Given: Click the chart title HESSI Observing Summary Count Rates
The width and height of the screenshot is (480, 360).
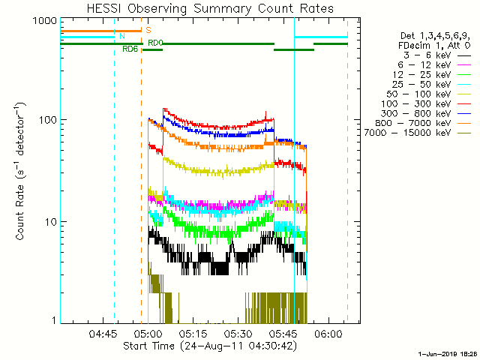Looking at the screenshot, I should coord(210,9).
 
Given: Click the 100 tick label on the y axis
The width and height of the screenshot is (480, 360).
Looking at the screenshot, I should coord(44,120).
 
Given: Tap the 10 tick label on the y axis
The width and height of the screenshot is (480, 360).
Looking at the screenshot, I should coord(47,222).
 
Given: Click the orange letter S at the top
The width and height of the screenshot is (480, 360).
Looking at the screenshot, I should coord(148,30).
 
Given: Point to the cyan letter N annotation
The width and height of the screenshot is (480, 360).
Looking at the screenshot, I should coord(121,36).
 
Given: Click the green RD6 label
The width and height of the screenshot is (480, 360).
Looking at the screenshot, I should coord(130,49).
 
